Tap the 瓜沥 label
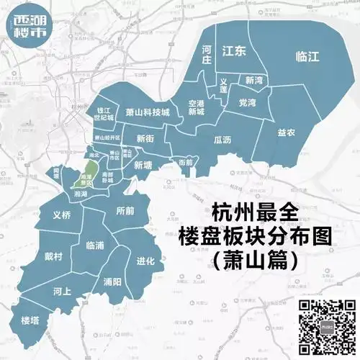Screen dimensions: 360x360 [x=222, y=140]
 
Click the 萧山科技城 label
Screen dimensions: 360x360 [x=147, y=113]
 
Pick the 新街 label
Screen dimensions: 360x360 [x=145, y=138]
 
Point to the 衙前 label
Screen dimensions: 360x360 [x=185, y=163]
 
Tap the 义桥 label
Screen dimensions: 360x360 [x=62, y=215]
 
